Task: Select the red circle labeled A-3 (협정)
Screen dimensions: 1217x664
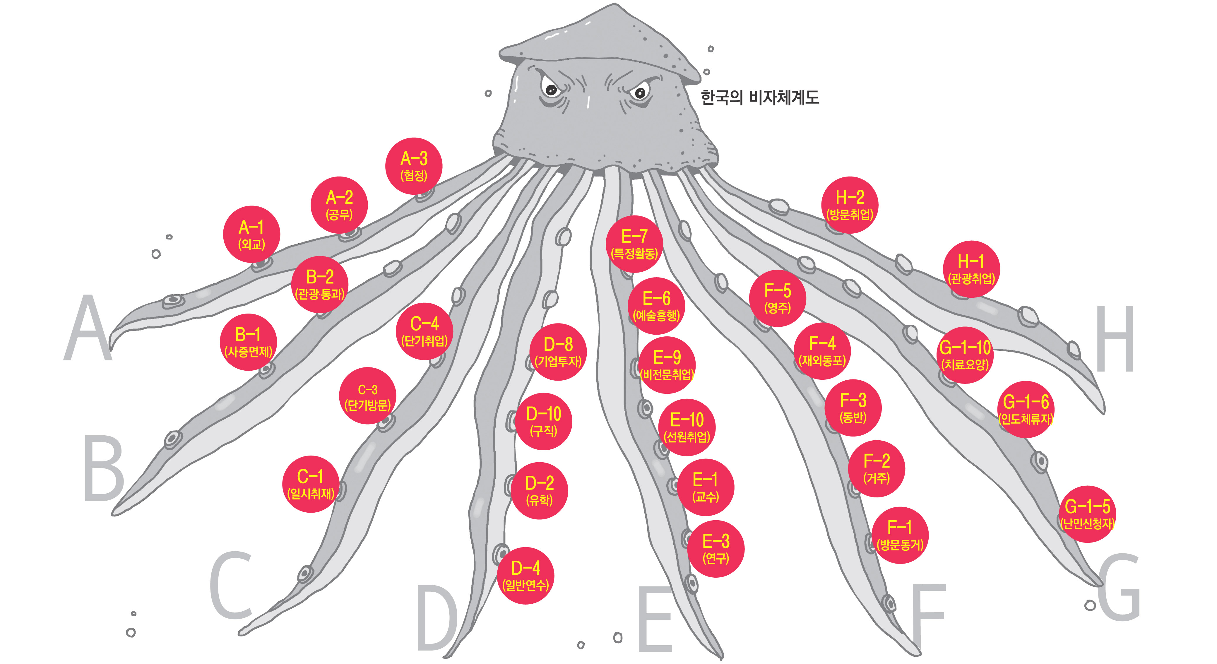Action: click(x=414, y=166)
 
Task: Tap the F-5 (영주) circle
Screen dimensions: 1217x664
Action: click(x=777, y=298)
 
